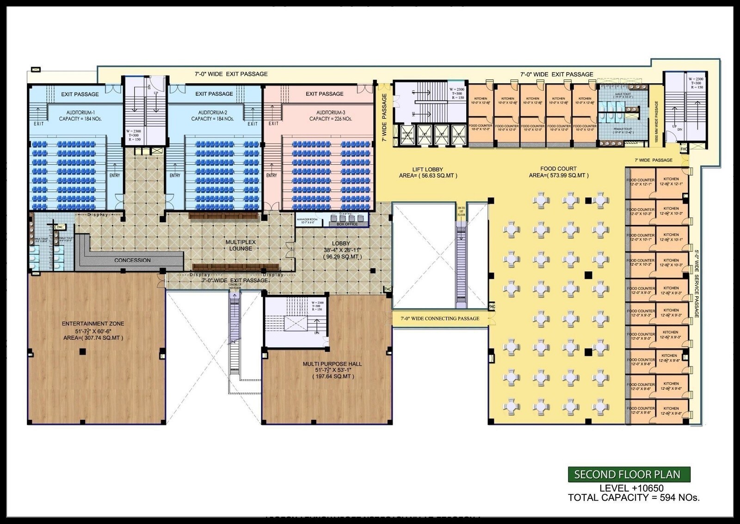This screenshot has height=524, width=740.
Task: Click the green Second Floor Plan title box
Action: click(x=629, y=474)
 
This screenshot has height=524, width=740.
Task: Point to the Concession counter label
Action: click(x=132, y=260)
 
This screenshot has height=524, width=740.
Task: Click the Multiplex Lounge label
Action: click(x=240, y=245)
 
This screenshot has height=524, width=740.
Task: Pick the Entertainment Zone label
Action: click(x=93, y=324)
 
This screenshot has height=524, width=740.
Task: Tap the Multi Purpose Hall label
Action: click(x=332, y=364)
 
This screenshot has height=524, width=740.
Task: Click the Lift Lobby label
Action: click(x=427, y=169)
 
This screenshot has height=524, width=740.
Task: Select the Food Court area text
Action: click(x=559, y=175)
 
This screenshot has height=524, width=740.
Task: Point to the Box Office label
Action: click(x=347, y=224)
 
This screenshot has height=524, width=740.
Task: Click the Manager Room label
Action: click(x=307, y=221)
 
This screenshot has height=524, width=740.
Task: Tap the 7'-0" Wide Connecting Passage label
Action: click(x=439, y=318)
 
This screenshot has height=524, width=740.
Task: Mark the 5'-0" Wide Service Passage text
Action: click(x=696, y=283)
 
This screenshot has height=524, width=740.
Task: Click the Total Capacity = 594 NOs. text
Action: click(x=634, y=498)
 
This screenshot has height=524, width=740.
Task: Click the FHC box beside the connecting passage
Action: click(x=492, y=306)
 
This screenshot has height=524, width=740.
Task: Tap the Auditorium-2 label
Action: click(x=213, y=112)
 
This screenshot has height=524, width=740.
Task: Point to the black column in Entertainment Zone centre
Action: click(x=82, y=352)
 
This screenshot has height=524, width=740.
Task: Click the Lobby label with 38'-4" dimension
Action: click(x=341, y=243)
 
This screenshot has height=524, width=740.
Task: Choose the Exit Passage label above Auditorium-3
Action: click(x=324, y=94)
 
